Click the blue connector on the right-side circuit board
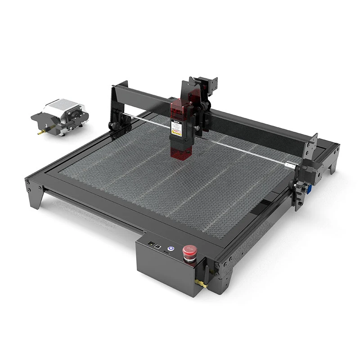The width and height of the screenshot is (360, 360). coord(309,189)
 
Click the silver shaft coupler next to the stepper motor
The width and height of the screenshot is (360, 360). coord(295,166)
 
